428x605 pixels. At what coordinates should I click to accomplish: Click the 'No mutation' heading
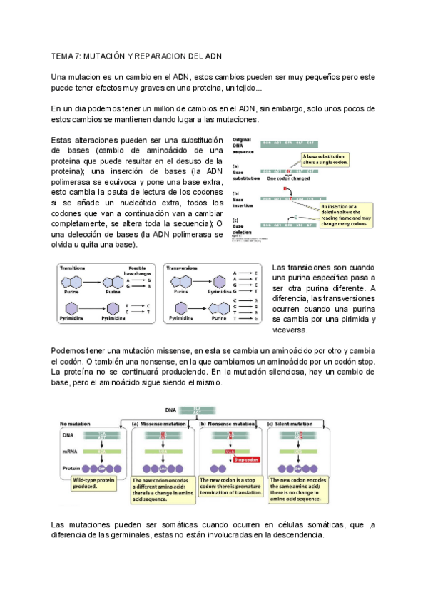[77, 423]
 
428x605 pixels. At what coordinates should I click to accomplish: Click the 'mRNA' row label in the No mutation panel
[69, 451]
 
